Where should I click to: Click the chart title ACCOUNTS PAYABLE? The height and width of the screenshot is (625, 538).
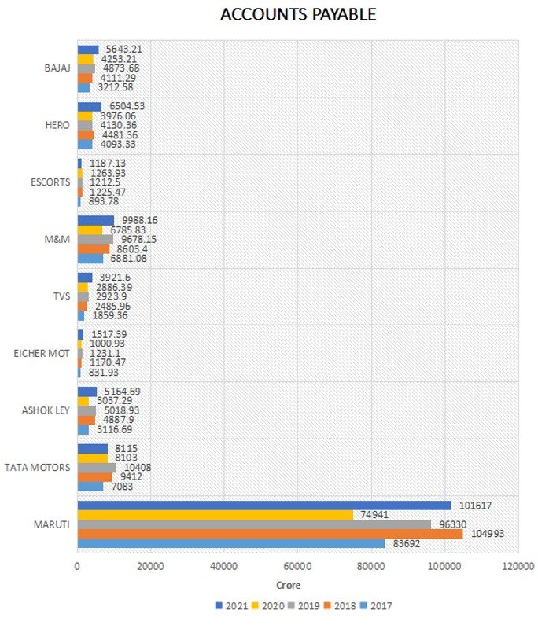tap(298, 14)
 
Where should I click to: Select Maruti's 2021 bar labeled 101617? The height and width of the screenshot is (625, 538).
tap(264, 506)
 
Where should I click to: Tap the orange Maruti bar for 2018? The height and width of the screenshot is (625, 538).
tap(270, 534)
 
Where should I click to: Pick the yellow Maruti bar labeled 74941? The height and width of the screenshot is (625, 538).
tap(216, 515)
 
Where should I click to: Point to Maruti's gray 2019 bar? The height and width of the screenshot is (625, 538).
tap(254, 524)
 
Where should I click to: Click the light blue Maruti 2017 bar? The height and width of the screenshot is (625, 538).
tap(231, 544)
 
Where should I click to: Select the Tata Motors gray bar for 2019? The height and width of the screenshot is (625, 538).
tap(97, 468)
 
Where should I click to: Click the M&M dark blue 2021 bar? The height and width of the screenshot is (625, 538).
tap(96, 220)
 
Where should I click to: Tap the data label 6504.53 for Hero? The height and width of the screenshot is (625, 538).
tap(127, 106)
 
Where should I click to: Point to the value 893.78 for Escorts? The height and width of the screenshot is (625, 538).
tap(104, 201)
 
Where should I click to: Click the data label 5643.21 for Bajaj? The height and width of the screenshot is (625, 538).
tap(123, 49)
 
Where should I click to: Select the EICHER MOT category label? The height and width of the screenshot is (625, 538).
tap(42, 354)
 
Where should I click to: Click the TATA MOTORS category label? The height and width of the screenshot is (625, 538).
tap(38, 468)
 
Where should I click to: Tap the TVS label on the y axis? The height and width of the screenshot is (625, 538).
tap(62, 296)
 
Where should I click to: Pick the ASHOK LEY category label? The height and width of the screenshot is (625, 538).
tap(46, 410)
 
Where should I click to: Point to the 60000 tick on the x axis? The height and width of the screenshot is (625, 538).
tap(297, 566)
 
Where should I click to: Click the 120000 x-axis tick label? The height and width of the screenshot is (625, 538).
tap(518, 566)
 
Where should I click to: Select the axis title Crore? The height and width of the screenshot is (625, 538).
tap(289, 586)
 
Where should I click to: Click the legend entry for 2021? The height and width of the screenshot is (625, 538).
tap(232, 606)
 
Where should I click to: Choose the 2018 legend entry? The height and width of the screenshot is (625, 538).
tap(341, 606)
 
